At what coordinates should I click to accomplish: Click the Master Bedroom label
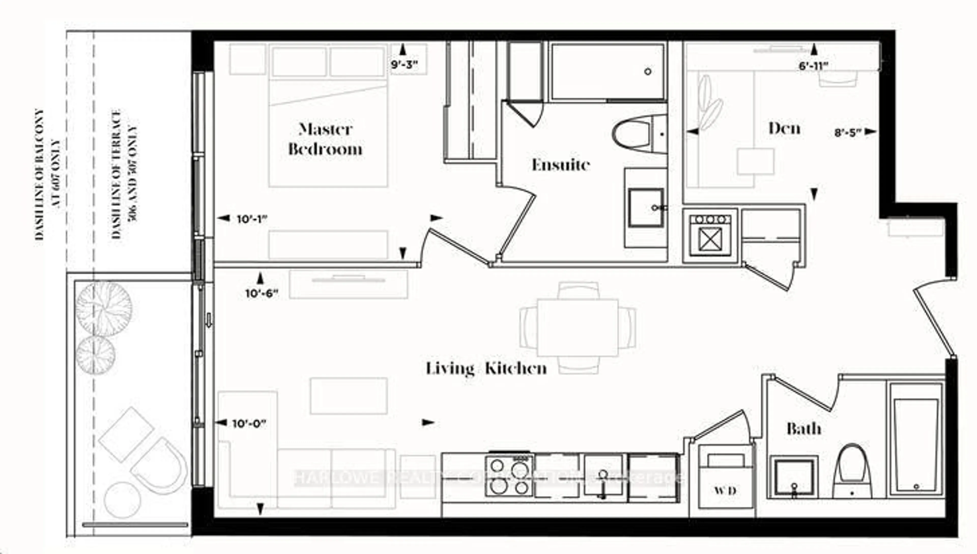point(325,139)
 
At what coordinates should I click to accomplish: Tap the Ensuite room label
point(561,165)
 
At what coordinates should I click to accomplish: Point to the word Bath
point(803,429)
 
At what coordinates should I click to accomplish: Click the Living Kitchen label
point(486,368)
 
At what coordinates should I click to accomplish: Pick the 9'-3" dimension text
point(404,65)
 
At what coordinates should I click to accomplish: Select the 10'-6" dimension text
point(262,294)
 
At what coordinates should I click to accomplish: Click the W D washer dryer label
point(725,490)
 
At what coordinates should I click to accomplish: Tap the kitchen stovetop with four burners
point(509,476)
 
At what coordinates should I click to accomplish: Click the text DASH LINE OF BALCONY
point(40,175)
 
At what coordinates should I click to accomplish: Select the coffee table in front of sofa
point(348,396)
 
